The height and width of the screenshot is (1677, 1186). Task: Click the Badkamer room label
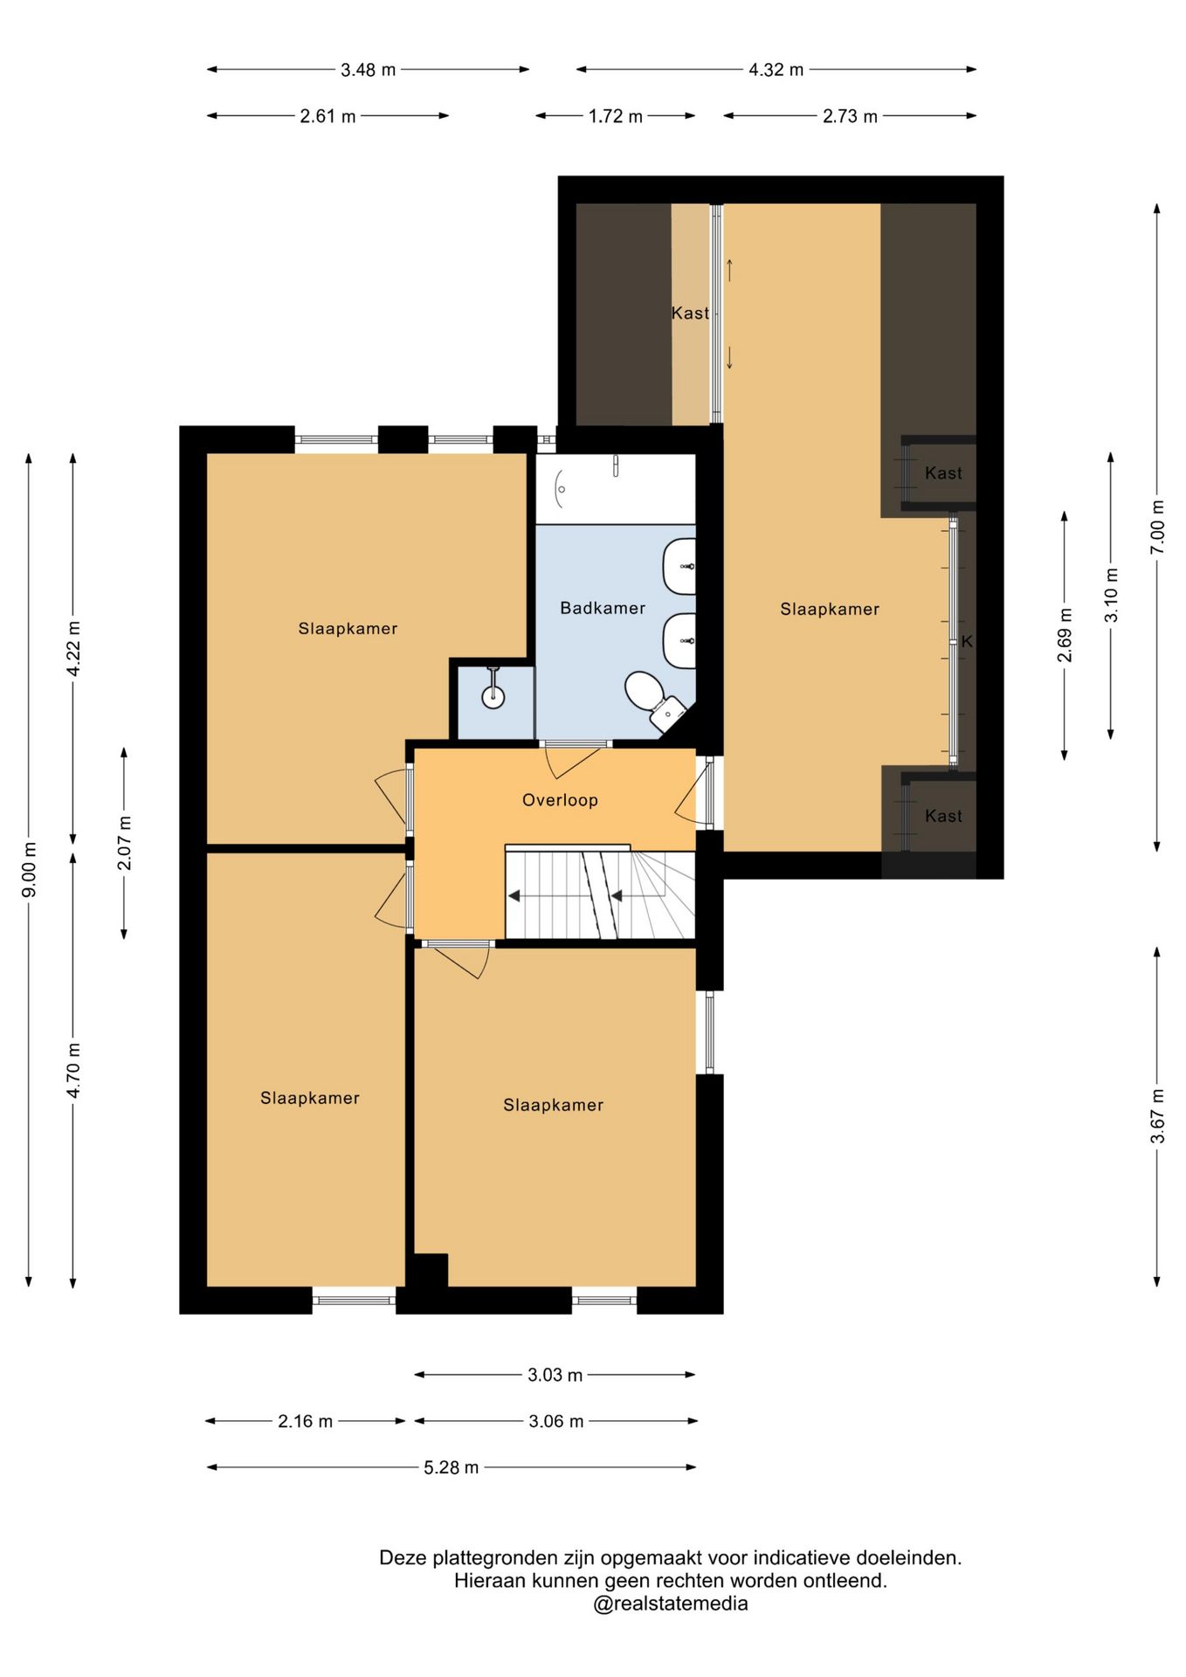pos(603,608)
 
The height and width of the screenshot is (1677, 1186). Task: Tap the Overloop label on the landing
pos(560,800)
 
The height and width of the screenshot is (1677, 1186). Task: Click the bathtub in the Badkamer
pos(616,488)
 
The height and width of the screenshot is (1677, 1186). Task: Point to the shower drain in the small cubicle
pos(493,696)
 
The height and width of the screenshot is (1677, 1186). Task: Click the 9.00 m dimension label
pos(29,869)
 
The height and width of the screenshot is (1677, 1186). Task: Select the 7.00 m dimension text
pos(1157,526)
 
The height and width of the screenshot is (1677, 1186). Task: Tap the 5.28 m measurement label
pos(452,1467)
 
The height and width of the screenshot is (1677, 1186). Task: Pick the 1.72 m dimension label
pos(616,116)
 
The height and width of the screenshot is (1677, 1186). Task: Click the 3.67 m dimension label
pos(1157,1116)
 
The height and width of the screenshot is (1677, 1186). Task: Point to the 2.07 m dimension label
pos(124,843)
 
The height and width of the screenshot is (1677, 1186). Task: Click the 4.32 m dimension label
pos(776,70)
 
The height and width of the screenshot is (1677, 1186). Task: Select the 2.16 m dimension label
pos(306,1421)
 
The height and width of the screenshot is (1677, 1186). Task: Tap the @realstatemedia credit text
pos(671,1604)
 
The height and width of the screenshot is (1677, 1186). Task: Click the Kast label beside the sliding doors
pos(690,313)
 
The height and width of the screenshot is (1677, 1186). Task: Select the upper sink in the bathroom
pos(679,566)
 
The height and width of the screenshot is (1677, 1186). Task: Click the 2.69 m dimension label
pos(1065,635)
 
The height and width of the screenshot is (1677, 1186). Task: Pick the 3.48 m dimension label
pos(369,70)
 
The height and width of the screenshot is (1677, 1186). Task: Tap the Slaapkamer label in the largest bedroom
pos(830,610)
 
